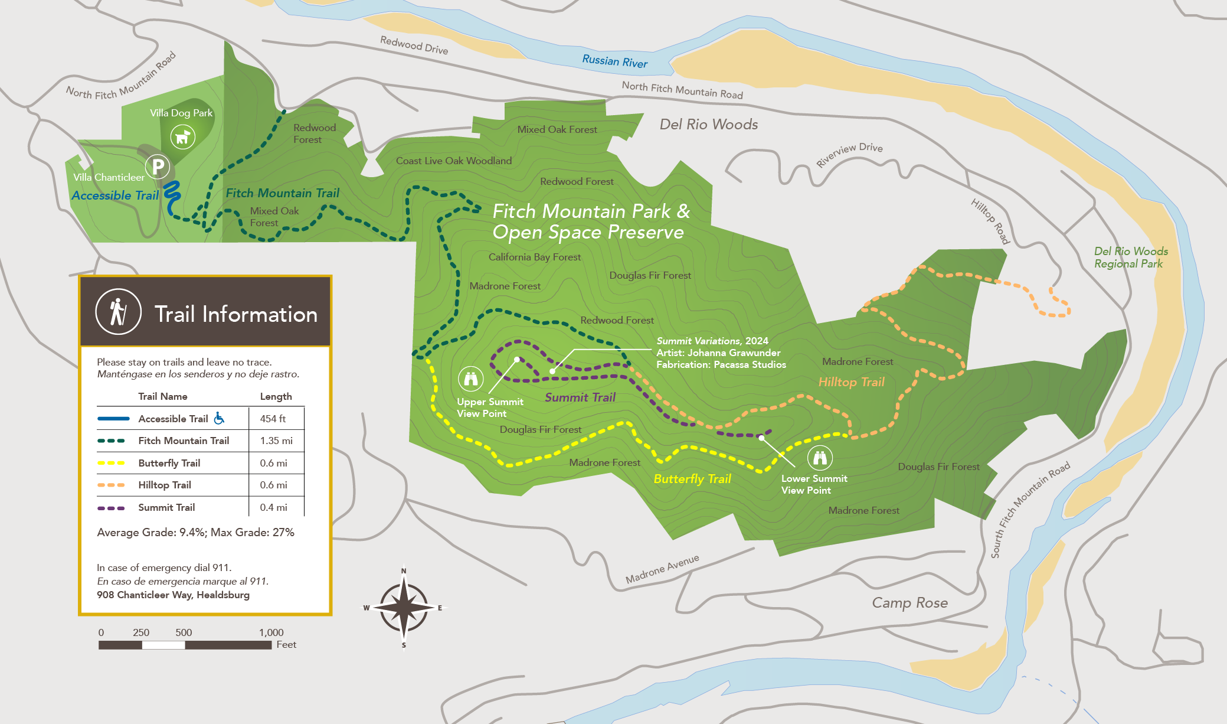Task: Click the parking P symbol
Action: coord(158,167)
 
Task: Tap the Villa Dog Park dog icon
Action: coord(182,137)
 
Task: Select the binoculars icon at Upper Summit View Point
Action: coord(470,379)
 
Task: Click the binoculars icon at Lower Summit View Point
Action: coord(820,457)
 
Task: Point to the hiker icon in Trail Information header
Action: coord(119,312)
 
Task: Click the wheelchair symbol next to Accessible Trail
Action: coord(219,418)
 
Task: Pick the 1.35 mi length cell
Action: coord(276,441)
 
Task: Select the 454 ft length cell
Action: coord(273,419)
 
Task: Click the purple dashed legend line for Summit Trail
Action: coord(111,508)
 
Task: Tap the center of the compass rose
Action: coord(404,607)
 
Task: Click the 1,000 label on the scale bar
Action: coord(271,632)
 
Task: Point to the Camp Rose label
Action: coord(909,603)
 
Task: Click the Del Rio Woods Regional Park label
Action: coord(1130,257)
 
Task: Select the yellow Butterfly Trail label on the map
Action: coord(692,479)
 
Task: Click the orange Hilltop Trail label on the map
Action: coord(850,382)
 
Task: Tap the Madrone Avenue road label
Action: coord(662,569)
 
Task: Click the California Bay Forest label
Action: coord(534,257)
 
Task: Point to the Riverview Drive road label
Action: coord(849,154)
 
